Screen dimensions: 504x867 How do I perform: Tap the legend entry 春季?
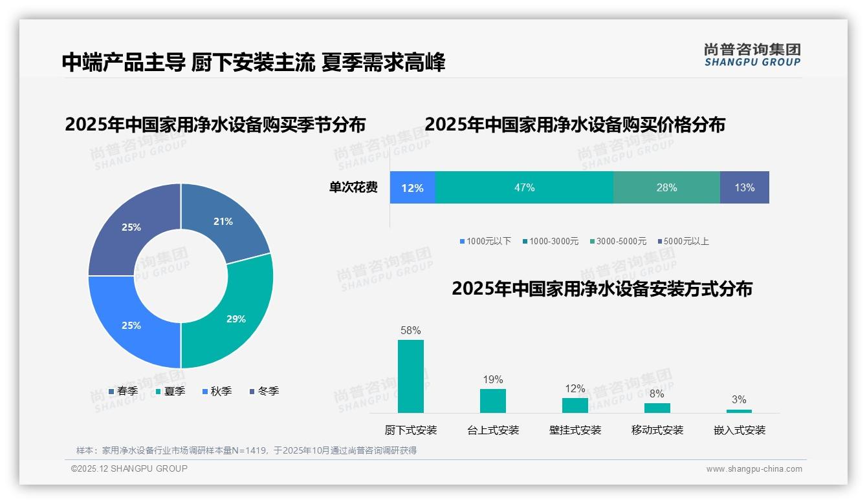123,391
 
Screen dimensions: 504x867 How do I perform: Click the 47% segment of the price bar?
524,187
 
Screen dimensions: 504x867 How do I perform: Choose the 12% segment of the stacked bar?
412,187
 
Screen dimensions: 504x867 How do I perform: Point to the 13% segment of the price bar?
744,187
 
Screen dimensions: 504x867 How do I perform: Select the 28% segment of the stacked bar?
666,187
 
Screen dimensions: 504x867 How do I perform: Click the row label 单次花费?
353,187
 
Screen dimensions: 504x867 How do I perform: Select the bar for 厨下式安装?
411,376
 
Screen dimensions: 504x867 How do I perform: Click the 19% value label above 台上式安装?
492,379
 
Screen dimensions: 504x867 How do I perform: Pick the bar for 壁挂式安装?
575,405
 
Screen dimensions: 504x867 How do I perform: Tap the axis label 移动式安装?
657,430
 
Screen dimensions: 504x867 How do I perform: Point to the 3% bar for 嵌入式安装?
739,411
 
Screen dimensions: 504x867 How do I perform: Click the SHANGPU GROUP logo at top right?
752,55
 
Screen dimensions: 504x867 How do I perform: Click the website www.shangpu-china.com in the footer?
754,468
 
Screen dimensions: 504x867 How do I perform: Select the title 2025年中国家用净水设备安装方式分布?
602,289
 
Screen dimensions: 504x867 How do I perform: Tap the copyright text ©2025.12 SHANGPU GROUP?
129,468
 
